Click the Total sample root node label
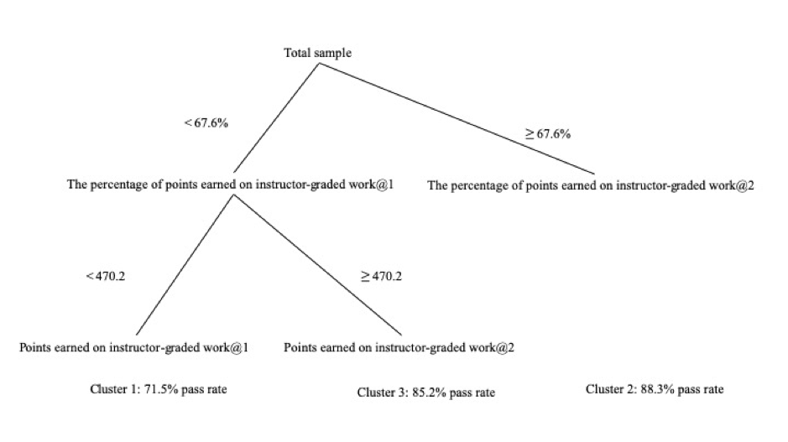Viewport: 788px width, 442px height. coord(317,53)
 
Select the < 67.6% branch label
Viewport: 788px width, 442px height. coord(206,123)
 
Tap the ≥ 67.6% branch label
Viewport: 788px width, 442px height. coord(548,134)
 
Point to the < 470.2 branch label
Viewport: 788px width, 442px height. coord(106,276)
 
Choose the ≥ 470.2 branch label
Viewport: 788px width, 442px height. coord(382,276)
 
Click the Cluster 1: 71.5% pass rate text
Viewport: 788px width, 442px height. coord(159,389)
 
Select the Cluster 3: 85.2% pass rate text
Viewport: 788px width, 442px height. coord(426,393)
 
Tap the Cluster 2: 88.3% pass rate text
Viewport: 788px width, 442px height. coord(655,389)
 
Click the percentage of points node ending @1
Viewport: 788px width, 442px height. coord(230,185)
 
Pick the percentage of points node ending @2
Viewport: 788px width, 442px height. coord(591,185)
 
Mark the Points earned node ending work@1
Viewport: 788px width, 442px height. coord(133,347)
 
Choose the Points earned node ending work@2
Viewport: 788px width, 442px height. coord(399,347)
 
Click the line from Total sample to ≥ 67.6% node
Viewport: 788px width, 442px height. coord(457,118)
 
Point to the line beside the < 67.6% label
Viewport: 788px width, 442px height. coord(276,118)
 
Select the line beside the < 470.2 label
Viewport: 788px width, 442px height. coord(185,265)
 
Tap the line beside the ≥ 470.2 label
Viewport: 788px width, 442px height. coord(317,265)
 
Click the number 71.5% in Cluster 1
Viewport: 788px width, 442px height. coord(161,389)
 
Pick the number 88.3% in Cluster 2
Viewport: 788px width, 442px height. coord(657,389)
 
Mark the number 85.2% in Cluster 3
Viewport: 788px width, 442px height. coord(429,393)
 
